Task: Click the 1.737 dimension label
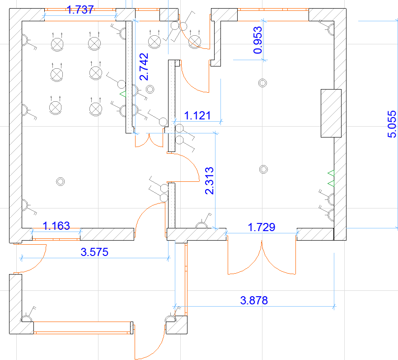pyautogui.click(x=80, y=10)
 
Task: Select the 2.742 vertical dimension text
pyautogui.click(x=144, y=66)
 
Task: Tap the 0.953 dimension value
pyautogui.click(x=258, y=40)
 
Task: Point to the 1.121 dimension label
pyautogui.click(x=197, y=116)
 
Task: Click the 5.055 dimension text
pyautogui.click(x=392, y=124)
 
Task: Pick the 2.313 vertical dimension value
pyautogui.click(x=210, y=180)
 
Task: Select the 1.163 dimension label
pyautogui.click(x=56, y=226)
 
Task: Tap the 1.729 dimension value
pyautogui.click(x=262, y=227)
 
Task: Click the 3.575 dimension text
pyautogui.click(x=94, y=252)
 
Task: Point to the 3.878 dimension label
pyautogui.click(x=254, y=300)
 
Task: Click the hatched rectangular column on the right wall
pyautogui.click(x=331, y=114)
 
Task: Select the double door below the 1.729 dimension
pyautogui.click(x=262, y=256)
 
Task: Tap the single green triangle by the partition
pyautogui.click(x=123, y=94)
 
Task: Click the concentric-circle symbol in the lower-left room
pyautogui.click(x=61, y=181)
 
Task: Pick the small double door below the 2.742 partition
pyautogui.click(x=149, y=140)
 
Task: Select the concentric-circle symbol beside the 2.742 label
pyautogui.click(x=150, y=89)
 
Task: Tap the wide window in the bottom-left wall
pyautogui.click(x=82, y=328)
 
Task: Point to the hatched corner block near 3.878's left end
pyautogui.click(x=177, y=325)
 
